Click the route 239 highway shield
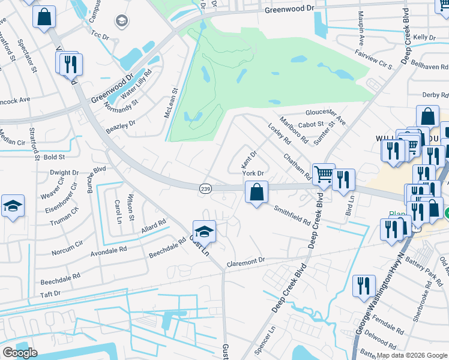click(x=205, y=188)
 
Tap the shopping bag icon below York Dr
click(x=256, y=193)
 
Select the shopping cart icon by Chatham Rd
click(x=324, y=175)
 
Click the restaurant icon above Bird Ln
click(x=343, y=179)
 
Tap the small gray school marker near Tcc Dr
click(x=122, y=22)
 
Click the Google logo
click(x=20, y=353)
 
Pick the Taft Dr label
click(x=50, y=294)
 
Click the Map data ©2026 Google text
click(x=411, y=355)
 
